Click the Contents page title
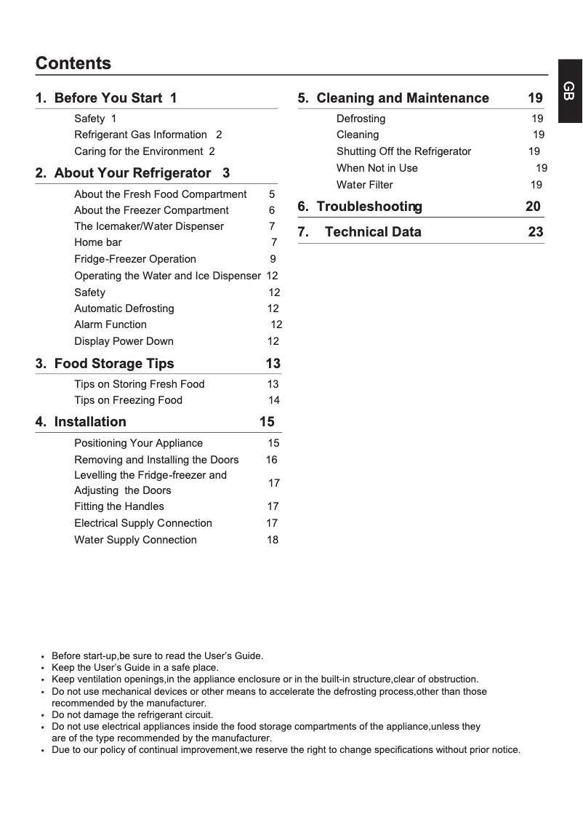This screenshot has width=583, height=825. [x=73, y=63]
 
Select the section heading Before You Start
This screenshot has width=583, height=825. [x=108, y=98]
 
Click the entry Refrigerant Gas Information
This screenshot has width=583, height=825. [x=140, y=135]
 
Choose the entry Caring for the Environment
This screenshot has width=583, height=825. [x=138, y=151]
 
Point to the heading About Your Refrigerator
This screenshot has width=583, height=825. [x=132, y=173]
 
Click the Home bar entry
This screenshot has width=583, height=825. [x=98, y=242]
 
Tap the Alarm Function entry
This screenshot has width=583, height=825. [x=110, y=324]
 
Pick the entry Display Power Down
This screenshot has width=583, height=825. [x=124, y=341]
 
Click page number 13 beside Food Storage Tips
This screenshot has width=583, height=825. [x=273, y=364]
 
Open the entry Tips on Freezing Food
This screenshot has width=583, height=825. [x=128, y=400]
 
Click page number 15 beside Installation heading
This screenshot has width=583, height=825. [x=267, y=422]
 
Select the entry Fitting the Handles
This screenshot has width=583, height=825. [x=119, y=506]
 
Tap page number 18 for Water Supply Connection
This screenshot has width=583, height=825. [x=272, y=540]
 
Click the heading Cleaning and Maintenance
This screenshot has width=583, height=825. [x=403, y=98]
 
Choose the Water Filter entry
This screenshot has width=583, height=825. [x=364, y=185]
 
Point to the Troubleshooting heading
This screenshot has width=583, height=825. [x=369, y=207]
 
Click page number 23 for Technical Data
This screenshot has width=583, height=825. [x=535, y=232]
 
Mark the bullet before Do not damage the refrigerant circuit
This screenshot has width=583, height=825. [x=43, y=715]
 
